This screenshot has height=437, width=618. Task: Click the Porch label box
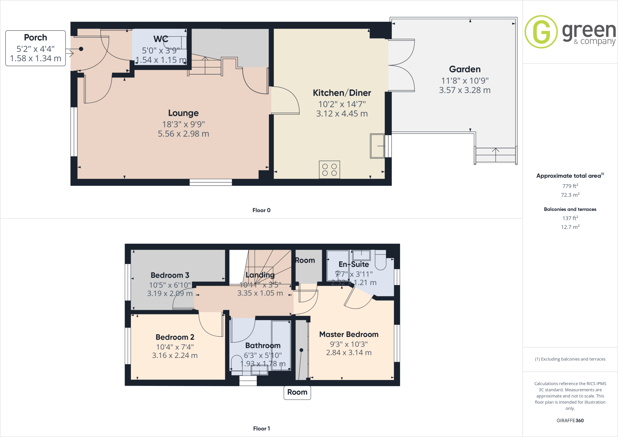[36, 48]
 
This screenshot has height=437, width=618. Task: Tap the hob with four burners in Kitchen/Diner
[329, 170]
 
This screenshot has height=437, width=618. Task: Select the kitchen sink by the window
[377, 146]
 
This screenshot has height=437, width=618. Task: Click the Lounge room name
[183, 113]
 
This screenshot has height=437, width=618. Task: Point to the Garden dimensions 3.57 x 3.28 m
[464, 90]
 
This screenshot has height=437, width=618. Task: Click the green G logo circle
[541, 32]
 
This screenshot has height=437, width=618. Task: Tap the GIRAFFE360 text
[570, 420]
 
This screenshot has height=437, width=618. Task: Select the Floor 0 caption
[261, 210]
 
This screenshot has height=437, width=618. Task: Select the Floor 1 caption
[261, 429]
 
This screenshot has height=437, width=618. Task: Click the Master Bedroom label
[349, 334]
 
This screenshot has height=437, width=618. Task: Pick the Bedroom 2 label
[175, 337]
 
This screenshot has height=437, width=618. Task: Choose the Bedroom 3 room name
[170, 275]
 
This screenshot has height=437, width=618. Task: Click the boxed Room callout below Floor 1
[297, 392]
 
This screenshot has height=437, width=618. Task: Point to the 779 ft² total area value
[570, 186]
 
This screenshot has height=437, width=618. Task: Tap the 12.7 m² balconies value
[570, 227]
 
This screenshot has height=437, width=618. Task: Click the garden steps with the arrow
[495, 155]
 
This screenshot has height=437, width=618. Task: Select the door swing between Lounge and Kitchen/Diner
[285, 100]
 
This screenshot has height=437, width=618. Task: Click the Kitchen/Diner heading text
[342, 93]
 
